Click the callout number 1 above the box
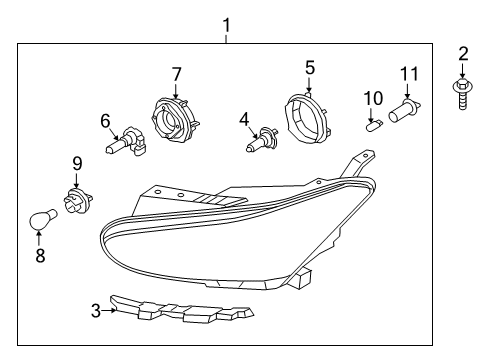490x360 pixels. pyautogui.click(x=227, y=26)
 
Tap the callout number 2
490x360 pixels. pyautogui.click(x=463, y=54)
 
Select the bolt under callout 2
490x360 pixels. pyautogui.click(x=463, y=94)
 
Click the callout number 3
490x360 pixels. pyautogui.click(x=96, y=311)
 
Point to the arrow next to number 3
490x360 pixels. pyautogui.click(x=109, y=311)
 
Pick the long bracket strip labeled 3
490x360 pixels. pyautogui.click(x=182, y=309)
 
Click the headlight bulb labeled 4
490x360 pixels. pyautogui.click(x=263, y=140)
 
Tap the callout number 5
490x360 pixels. pyautogui.click(x=310, y=68)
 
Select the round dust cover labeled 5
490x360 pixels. pyautogui.click(x=307, y=118)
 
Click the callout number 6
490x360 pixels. pyautogui.click(x=105, y=121)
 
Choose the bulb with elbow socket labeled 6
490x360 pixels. pyautogui.click(x=127, y=141)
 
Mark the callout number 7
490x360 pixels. pyautogui.click(x=176, y=74)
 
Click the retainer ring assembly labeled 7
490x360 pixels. pyautogui.click(x=175, y=119)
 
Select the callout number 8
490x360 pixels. pyautogui.click(x=40, y=256)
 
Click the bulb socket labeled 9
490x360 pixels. pyautogui.click(x=78, y=201)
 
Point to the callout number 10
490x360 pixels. pyautogui.click(x=373, y=98)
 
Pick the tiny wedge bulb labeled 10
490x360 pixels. pyautogui.click(x=375, y=127)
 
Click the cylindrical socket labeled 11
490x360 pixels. pyautogui.click(x=404, y=111)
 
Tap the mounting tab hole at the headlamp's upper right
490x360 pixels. pyautogui.click(x=366, y=155)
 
